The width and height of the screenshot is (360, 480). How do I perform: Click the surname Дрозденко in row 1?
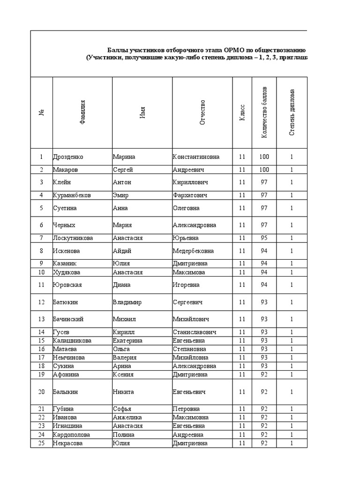pos(68,157)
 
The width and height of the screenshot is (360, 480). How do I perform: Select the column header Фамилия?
pos(82,113)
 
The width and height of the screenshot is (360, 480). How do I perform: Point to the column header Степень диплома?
pos(292,112)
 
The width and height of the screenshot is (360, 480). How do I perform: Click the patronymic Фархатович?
pos(190,195)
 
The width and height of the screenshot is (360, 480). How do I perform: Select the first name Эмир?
pos(120,195)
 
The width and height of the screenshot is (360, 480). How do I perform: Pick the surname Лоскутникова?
pos(73,238)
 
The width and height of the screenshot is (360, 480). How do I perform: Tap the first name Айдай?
pos(121,251)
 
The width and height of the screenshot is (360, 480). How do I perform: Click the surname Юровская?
pos(67,285)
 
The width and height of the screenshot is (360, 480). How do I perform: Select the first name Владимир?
pos(127,302)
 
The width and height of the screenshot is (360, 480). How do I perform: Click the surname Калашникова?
pos(72,341)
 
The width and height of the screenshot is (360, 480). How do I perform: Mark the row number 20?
pos(41,392)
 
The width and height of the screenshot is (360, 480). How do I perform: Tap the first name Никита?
pos(123,392)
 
